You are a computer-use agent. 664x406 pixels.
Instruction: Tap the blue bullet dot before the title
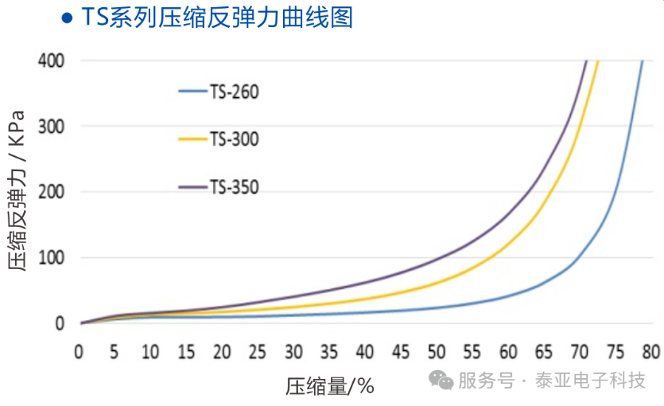coord(68,17)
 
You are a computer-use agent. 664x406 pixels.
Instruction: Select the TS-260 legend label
coord(235,92)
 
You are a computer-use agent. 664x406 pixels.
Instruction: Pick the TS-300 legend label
coord(235,139)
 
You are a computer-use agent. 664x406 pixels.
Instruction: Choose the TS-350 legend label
coord(235,188)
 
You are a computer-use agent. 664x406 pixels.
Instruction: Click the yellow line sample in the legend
coord(192,139)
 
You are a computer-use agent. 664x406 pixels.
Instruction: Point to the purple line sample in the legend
coord(192,188)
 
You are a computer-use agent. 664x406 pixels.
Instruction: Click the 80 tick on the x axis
coord(651,352)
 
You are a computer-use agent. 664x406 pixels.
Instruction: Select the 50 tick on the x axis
coord(437,352)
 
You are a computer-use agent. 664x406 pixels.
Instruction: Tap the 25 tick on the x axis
coord(258,352)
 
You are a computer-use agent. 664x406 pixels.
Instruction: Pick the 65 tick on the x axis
coord(544,352)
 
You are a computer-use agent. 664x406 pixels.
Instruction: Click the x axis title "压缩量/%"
coord(329,386)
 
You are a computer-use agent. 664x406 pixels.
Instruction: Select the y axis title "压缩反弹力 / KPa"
coord(17,191)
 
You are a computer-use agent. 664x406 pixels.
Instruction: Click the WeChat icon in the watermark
coord(441,380)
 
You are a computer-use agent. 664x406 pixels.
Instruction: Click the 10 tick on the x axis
coord(150,352)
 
